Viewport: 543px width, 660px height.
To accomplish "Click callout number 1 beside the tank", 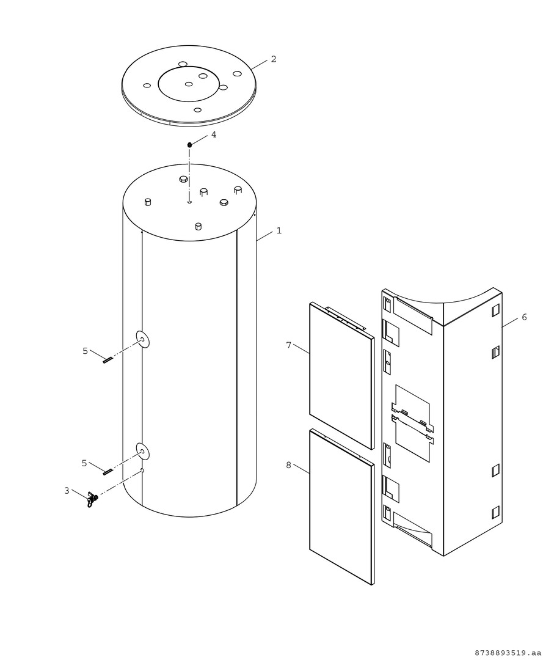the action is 279,230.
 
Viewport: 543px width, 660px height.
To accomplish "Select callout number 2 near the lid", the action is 274,59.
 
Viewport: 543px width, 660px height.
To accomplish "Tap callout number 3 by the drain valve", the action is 67,490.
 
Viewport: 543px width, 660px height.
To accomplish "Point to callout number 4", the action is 214,134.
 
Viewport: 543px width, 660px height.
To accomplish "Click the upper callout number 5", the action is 86,351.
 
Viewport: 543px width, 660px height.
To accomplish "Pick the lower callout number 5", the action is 84,463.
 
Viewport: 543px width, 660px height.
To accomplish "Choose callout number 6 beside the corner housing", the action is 524,317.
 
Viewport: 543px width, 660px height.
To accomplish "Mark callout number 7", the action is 288,345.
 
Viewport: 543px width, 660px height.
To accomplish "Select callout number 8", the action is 288,465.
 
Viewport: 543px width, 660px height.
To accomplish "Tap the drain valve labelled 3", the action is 92,499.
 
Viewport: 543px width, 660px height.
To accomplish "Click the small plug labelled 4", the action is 190,145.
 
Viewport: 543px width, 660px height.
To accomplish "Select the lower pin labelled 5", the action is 108,471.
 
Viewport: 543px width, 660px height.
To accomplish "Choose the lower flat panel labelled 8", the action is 341,507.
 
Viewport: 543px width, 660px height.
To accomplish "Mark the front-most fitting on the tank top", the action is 198,227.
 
